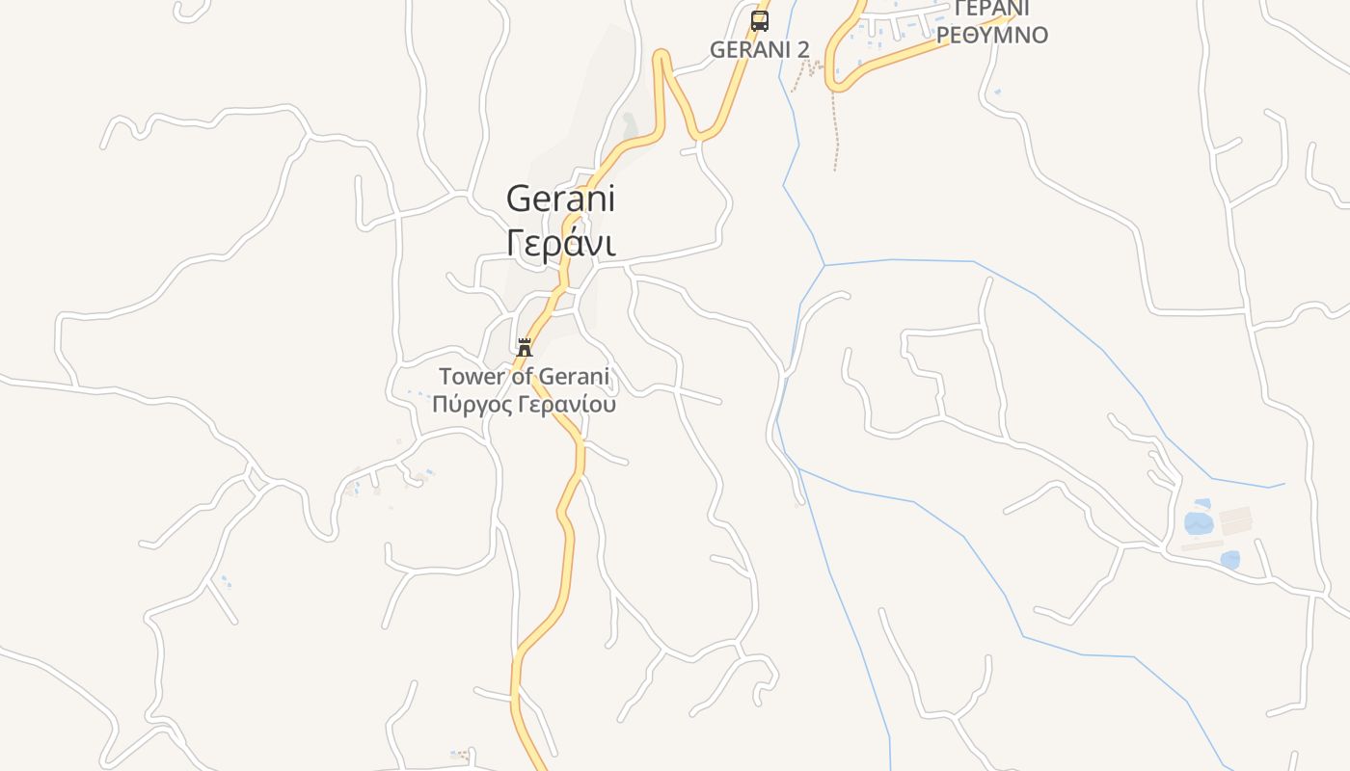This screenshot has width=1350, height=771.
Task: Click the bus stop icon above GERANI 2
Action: click(760, 21)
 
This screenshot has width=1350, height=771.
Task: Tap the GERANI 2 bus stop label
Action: click(759, 49)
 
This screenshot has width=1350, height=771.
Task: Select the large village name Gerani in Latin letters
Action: click(560, 199)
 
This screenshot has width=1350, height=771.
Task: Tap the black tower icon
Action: click(525, 348)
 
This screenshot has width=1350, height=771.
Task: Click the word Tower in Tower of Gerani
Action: click(472, 376)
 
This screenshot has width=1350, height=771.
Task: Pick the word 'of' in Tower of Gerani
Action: click(523, 376)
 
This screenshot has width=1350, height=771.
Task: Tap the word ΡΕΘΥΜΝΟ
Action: click(992, 36)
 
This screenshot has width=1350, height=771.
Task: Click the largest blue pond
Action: click(1198, 523)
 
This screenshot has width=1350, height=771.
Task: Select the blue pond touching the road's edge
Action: click(1229, 559)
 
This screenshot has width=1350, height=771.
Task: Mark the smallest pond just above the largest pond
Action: click(1201, 503)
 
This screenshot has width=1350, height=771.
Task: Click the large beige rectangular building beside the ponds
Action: click(1235, 521)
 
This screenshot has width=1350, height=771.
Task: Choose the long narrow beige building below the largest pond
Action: click(1201, 545)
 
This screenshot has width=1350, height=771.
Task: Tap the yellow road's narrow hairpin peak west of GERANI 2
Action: click(661, 56)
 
